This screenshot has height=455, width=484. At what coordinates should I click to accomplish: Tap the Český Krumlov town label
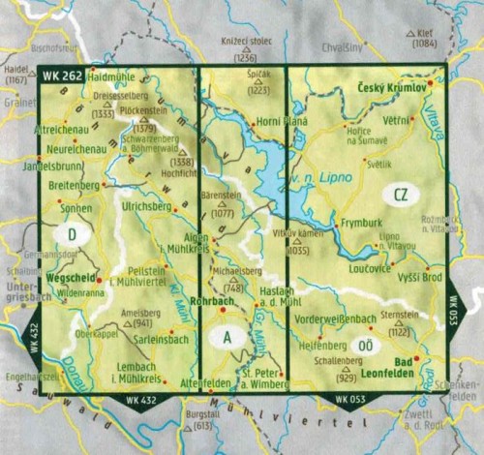coord(392,87)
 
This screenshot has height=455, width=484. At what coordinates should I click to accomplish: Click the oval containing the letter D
coord(73,233)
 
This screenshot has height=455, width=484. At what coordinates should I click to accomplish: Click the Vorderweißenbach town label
coord(337,318)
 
